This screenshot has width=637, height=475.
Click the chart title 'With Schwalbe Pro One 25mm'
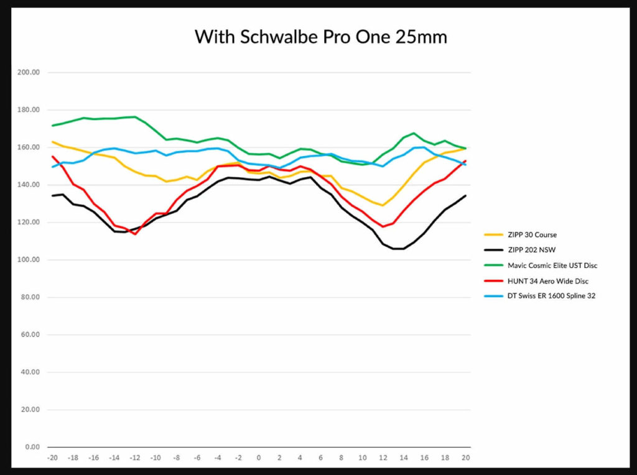[320, 37]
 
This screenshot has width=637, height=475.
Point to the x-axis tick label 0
[259, 458]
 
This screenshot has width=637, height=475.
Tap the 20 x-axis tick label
[465, 458]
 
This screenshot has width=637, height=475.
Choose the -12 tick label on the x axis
[134, 458]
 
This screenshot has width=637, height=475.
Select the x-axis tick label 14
[404, 458]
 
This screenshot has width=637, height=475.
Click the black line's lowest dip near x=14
[399, 249]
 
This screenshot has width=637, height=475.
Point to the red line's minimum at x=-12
[134, 234]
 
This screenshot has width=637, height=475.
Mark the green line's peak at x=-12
[134, 117]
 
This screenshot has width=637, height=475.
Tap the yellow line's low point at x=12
[383, 205]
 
